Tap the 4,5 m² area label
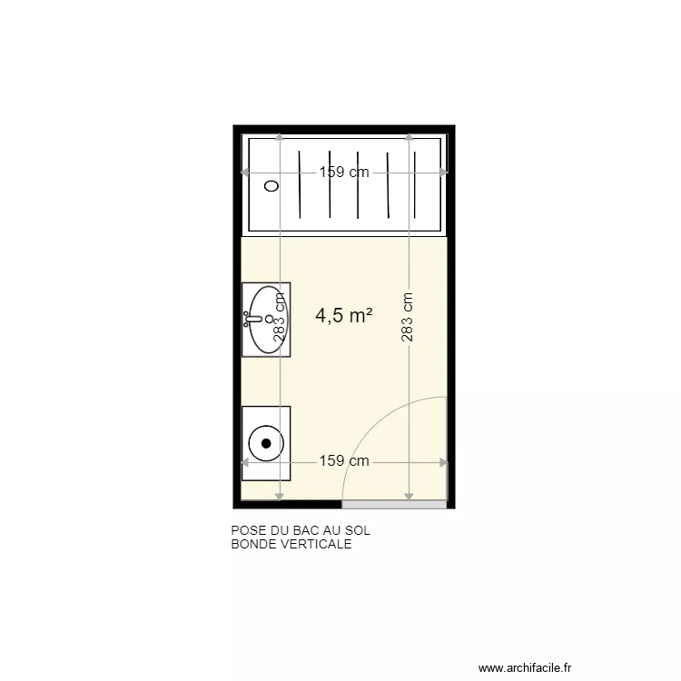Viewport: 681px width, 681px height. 344,315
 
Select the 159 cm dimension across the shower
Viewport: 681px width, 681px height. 343,173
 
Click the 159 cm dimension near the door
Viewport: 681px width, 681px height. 344,461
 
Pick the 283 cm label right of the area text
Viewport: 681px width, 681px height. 409,317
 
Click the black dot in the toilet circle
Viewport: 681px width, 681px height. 266,443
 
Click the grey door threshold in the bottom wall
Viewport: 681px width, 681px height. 394,504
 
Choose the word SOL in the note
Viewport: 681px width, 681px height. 359,532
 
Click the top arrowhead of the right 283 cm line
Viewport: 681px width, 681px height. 409,138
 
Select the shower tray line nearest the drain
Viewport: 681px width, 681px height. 299,184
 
